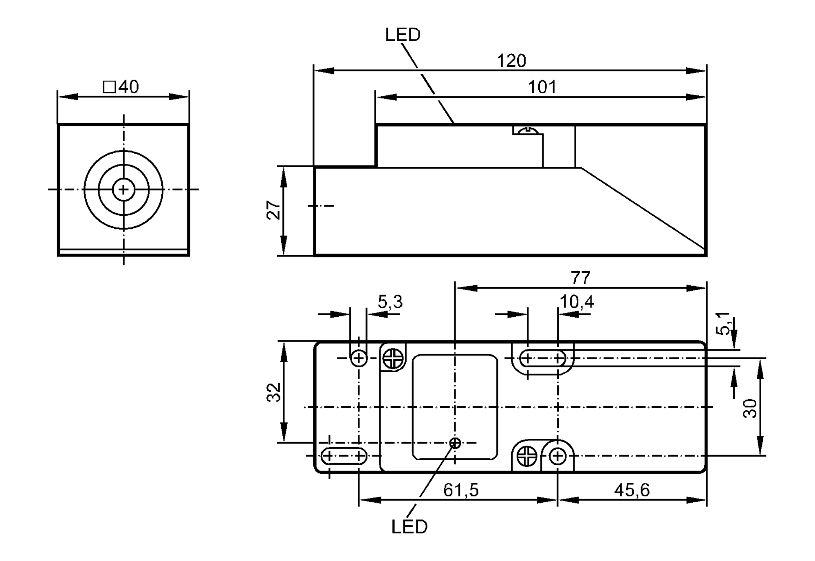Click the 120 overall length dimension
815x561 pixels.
click(x=511, y=61)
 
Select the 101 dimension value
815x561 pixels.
click(x=542, y=87)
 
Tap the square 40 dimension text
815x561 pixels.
click(x=121, y=87)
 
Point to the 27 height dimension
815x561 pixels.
click(x=274, y=210)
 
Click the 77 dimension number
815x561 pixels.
click(x=580, y=278)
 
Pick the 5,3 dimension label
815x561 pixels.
click(x=390, y=302)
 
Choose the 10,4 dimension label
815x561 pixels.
click(x=577, y=302)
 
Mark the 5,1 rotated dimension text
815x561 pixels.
click(x=723, y=323)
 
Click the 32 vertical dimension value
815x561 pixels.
click(x=274, y=392)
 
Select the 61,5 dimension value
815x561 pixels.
click(x=461, y=490)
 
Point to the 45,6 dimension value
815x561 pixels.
click(x=632, y=490)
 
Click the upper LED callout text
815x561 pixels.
click(x=403, y=35)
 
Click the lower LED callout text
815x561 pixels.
click(x=410, y=527)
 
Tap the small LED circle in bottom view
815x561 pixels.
click(x=455, y=443)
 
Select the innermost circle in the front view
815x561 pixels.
click(x=123, y=190)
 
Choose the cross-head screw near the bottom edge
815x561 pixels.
click(x=527, y=456)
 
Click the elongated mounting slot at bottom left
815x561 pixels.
click(x=344, y=456)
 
